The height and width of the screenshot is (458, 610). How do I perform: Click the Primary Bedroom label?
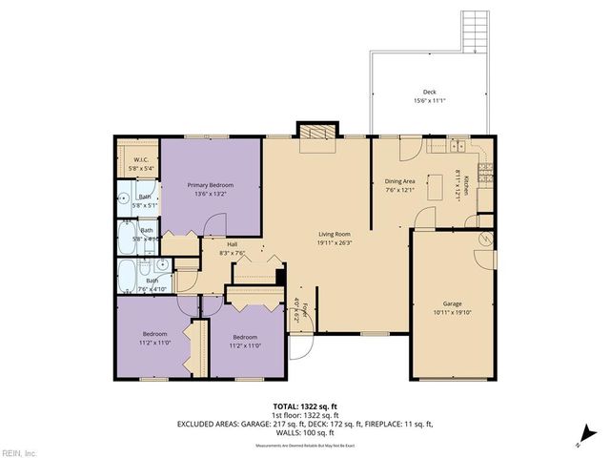point(210,185)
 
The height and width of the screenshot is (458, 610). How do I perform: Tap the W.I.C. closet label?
point(139,160)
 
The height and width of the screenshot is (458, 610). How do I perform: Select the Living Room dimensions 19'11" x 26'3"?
point(335,242)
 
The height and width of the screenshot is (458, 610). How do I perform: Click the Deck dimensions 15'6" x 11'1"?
point(430,100)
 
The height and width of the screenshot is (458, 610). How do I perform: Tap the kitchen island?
point(438,187)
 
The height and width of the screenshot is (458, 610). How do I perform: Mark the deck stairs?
point(475,30)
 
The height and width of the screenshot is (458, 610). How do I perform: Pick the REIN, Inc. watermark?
point(18,451)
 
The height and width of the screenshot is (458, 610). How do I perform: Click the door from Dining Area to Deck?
point(408,148)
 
